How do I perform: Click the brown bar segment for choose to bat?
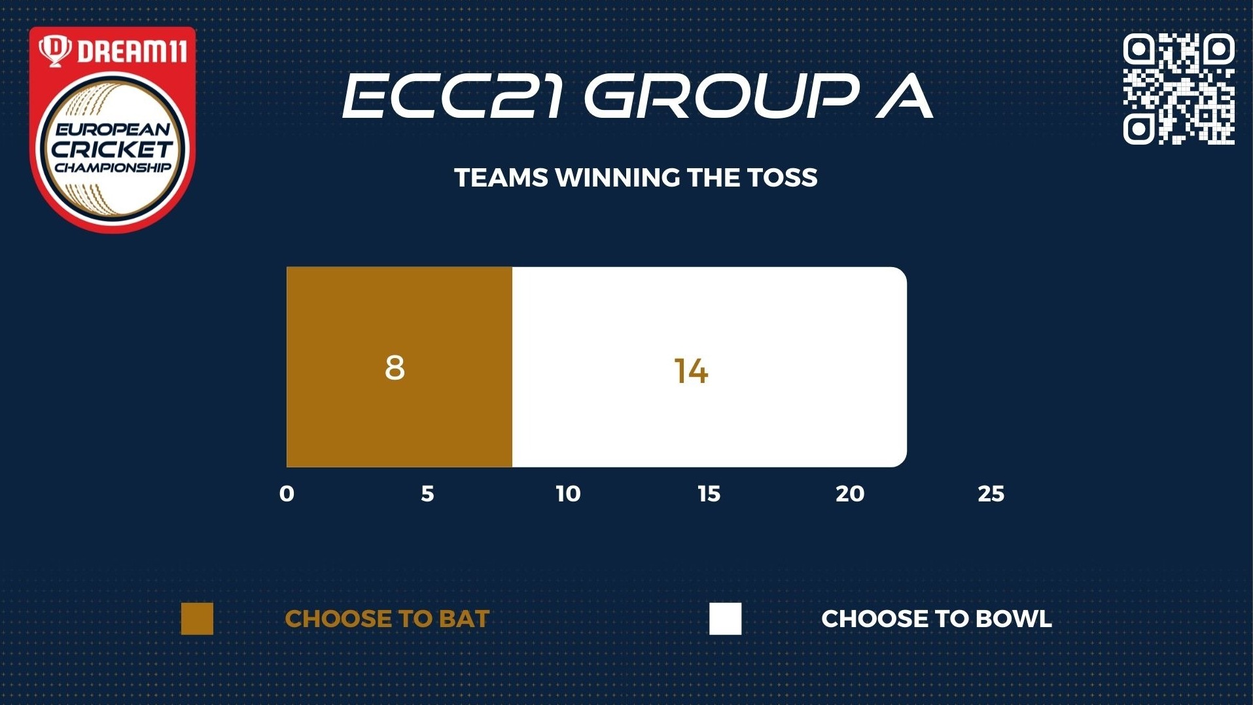399,367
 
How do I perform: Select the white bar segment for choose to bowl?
709,367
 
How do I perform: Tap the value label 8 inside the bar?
395,367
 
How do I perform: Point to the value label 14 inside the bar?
691,371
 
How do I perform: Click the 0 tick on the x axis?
287,494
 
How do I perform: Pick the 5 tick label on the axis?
427,494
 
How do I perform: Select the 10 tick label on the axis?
568,494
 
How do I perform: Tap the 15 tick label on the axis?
709,494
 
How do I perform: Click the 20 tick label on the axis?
850,494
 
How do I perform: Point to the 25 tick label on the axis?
991,494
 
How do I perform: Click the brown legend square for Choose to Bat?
197,619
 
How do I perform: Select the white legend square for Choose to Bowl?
726,619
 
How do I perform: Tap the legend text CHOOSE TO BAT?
387,619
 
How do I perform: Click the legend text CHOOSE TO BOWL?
936,619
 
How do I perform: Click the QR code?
1179,89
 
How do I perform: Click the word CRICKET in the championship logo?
112,149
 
